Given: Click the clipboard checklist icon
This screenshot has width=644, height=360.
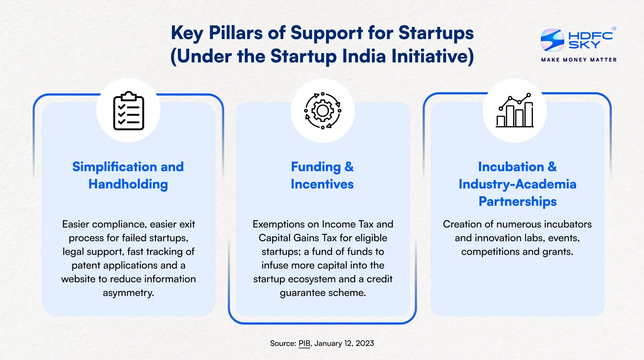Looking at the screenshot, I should click(x=128, y=111).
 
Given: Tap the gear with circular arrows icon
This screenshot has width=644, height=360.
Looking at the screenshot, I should click(x=322, y=111).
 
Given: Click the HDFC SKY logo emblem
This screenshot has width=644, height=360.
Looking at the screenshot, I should click(x=552, y=40).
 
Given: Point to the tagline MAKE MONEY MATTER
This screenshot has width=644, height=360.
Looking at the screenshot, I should click(x=579, y=60).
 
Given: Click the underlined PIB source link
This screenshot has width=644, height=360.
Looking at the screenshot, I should click(x=304, y=343).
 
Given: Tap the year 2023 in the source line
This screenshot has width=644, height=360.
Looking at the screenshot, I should click(x=365, y=343).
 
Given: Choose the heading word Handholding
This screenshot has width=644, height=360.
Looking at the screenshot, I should click(x=128, y=184).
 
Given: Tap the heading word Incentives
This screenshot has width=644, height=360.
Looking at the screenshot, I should click(x=322, y=184).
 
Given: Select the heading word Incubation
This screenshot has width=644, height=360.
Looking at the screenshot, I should click(x=511, y=167).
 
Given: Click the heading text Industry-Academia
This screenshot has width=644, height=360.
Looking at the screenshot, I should click(x=517, y=184).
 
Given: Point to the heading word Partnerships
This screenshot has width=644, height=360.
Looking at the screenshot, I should click(x=517, y=201).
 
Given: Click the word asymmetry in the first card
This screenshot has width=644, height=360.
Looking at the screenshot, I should click(x=128, y=293).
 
